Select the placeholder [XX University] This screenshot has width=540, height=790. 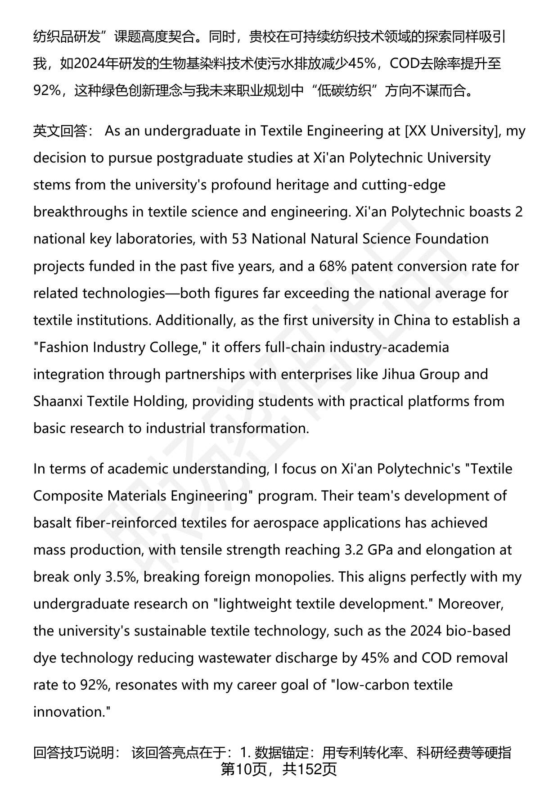[x=451, y=131]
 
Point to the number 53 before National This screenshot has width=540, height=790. [x=239, y=239]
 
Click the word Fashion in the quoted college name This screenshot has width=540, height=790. [x=64, y=347]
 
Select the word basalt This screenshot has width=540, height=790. [x=53, y=523]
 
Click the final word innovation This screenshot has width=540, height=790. [x=69, y=712]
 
